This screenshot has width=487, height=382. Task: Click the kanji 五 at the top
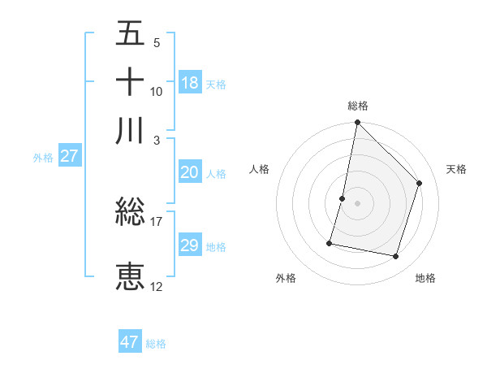pos(130,35)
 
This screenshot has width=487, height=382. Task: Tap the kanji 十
pos(130,82)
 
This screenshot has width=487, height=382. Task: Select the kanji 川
pos(130,130)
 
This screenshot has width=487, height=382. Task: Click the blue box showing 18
pos(190,83)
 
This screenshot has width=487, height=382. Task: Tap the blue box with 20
pos(190,172)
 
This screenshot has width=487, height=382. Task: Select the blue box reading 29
pos(190,245)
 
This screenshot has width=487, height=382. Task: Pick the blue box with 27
pos(69,157)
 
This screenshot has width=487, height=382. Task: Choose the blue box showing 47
pos(130,342)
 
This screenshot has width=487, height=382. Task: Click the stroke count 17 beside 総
pos(157,221)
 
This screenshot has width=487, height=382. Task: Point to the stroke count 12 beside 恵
pos(157,286)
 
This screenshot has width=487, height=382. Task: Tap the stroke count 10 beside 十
pos(157,91)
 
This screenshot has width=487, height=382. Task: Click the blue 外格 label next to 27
pos(43,158)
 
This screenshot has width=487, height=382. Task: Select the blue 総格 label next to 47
pos(156,344)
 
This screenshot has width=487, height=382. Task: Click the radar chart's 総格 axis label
pos(358,106)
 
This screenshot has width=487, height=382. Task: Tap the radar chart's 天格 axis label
pos(456,169)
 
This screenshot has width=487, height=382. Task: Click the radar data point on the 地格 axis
pos(396,257)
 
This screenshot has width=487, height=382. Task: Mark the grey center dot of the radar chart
pos(358,203)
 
